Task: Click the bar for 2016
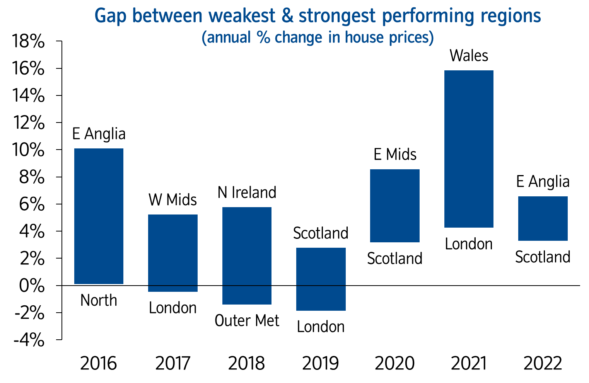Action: point(99,216)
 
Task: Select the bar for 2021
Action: point(469,149)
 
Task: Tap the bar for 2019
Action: point(321,279)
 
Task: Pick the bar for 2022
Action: point(543,218)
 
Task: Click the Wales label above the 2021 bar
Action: point(469,56)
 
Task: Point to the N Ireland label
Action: point(247,192)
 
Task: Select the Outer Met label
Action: point(247,321)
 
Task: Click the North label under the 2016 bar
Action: point(99,301)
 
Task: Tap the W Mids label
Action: point(172,200)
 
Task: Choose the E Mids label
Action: point(395,155)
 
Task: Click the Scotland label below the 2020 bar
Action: point(395,259)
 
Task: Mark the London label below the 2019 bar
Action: point(321,327)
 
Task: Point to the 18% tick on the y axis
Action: point(29,42)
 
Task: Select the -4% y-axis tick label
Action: point(29,340)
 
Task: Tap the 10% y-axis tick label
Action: point(29,150)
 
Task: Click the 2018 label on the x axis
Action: point(247,364)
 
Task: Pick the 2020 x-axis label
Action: point(395,364)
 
